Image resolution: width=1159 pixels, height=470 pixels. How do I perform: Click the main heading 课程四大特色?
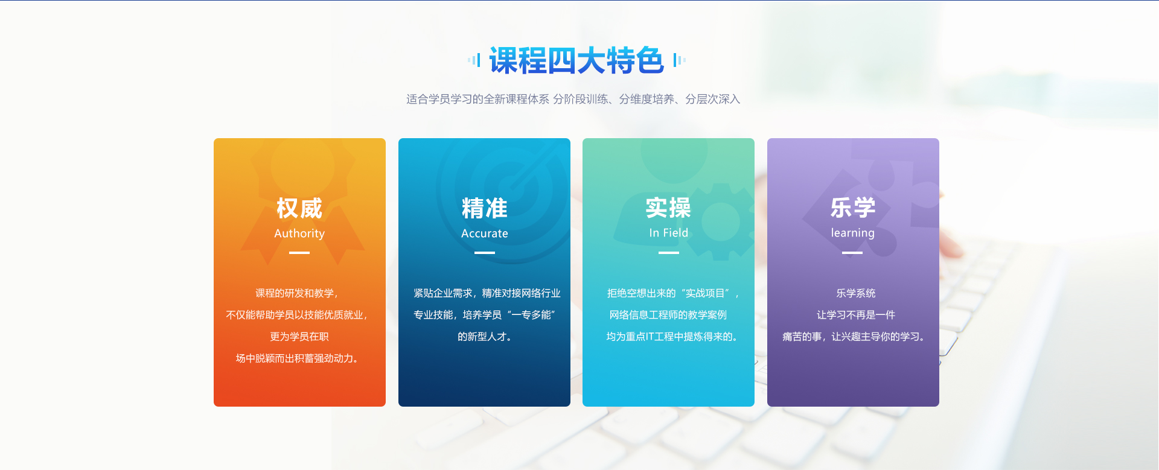(576, 60)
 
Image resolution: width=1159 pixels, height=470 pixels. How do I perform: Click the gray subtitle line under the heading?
(573, 99)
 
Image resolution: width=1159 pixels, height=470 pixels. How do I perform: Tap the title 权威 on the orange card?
(299, 208)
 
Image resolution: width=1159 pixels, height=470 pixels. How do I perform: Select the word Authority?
(299, 233)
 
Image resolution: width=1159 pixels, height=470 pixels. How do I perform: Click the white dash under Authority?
(299, 253)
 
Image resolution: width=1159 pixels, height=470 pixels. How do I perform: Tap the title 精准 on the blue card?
(485, 208)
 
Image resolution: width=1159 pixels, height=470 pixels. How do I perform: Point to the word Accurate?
(485, 233)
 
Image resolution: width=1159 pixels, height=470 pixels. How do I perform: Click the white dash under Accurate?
(485, 253)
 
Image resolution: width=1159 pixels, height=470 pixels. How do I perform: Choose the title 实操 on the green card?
(668, 208)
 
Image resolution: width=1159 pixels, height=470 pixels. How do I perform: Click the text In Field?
(668, 233)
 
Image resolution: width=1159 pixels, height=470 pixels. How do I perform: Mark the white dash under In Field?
(668, 253)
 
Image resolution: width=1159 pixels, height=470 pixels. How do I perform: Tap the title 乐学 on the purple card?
(853, 208)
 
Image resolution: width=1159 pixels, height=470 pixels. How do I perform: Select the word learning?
(853, 233)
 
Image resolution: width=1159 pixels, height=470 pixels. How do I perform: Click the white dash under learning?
(852, 253)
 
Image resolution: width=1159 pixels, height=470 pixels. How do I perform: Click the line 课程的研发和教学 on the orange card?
(297, 293)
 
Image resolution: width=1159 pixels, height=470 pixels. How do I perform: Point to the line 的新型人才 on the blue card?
(485, 337)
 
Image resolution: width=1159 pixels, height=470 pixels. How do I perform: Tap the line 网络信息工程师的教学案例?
(668, 315)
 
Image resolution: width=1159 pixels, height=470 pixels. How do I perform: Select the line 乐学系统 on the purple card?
(856, 293)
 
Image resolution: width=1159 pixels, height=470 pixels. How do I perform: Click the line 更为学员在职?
(299, 337)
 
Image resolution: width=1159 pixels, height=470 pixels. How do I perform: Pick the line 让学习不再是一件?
(856, 315)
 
